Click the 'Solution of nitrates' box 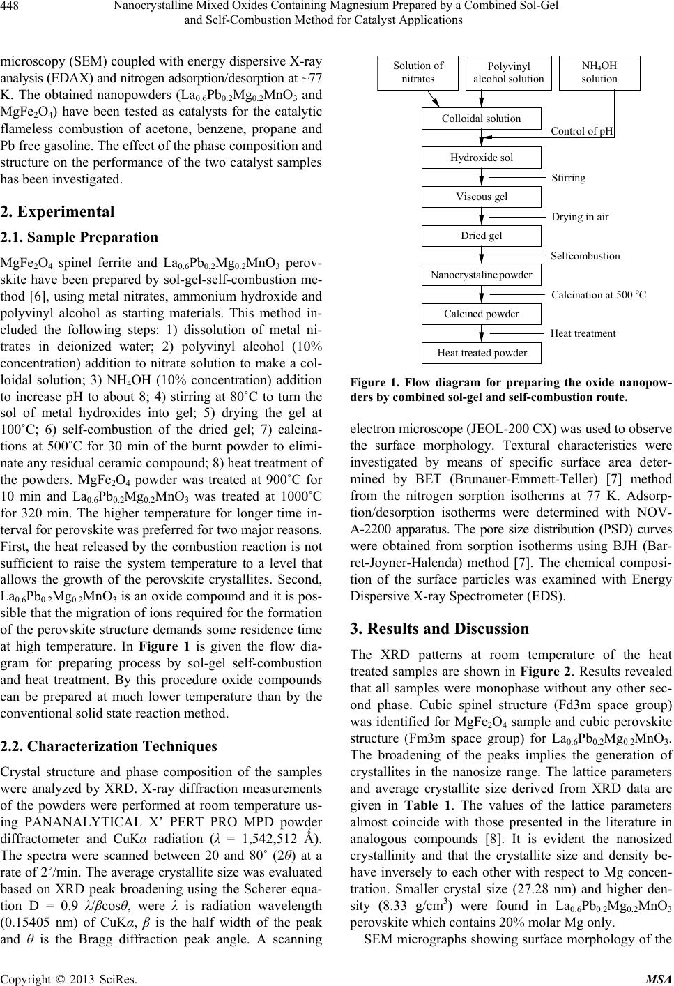coord(418,73)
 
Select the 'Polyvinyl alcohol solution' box coord(508,73)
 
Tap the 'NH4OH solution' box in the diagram coord(599,73)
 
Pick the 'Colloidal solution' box coord(481,119)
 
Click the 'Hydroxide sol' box coord(481,158)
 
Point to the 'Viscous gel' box coord(481,197)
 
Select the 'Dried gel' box coord(481,236)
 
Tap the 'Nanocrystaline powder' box coord(481,275)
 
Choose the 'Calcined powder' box coord(481,314)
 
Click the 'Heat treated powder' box coord(481,353)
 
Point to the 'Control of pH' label coord(582,131)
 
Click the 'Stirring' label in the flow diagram coord(569,178)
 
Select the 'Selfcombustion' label coord(585,256)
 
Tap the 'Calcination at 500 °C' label coord(599,295)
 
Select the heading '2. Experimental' coord(57,211)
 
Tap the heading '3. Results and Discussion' coord(440,629)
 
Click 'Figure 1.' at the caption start coord(373,384)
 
